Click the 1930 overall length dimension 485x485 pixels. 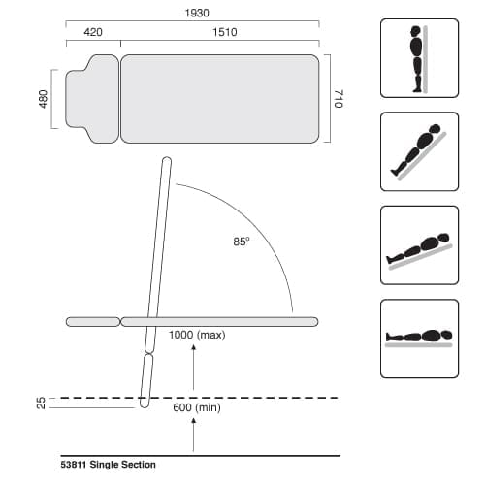(192, 14)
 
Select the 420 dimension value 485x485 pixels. (93, 32)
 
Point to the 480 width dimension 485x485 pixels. (43, 99)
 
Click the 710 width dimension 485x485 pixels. (339, 99)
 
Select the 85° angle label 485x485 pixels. (241, 241)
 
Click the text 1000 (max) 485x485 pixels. (198, 335)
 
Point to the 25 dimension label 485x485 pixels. (40, 403)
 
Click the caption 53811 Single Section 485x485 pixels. (108, 465)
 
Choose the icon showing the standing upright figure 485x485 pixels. (418, 58)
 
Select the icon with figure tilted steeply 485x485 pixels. (418, 150)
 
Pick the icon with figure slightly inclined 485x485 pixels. (418, 244)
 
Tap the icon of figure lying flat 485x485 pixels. (418, 338)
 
